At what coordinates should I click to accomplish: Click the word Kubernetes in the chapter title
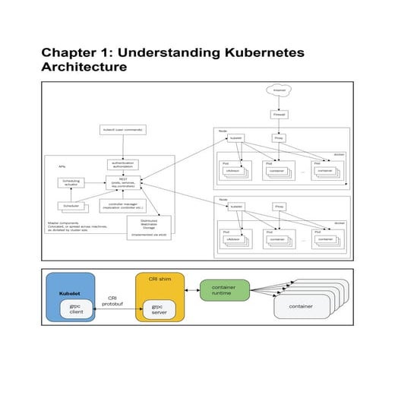click(x=258, y=53)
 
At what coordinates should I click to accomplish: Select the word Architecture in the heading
click(x=84, y=68)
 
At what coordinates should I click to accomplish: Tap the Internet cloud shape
click(x=279, y=90)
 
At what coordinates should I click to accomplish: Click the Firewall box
click(x=279, y=115)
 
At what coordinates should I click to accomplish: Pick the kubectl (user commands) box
click(x=122, y=130)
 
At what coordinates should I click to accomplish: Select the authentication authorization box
click(x=122, y=164)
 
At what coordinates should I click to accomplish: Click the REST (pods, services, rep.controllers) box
click(x=122, y=183)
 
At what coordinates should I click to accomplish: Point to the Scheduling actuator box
click(x=73, y=183)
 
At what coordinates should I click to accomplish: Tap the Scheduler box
click(x=73, y=206)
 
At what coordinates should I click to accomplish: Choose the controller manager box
click(x=122, y=206)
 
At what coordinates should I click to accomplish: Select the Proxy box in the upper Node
click(x=279, y=139)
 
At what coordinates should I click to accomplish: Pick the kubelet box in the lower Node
click(x=236, y=206)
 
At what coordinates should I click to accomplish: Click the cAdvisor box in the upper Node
click(x=232, y=172)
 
